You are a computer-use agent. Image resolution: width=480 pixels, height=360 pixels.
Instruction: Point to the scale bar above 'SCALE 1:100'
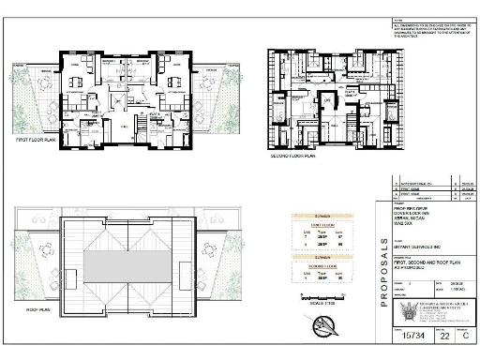(x=320, y=292)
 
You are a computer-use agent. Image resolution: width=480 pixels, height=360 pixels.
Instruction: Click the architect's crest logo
(x=410, y=315)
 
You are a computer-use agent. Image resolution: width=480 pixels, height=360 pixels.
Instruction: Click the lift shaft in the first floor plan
(x=119, y=99)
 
